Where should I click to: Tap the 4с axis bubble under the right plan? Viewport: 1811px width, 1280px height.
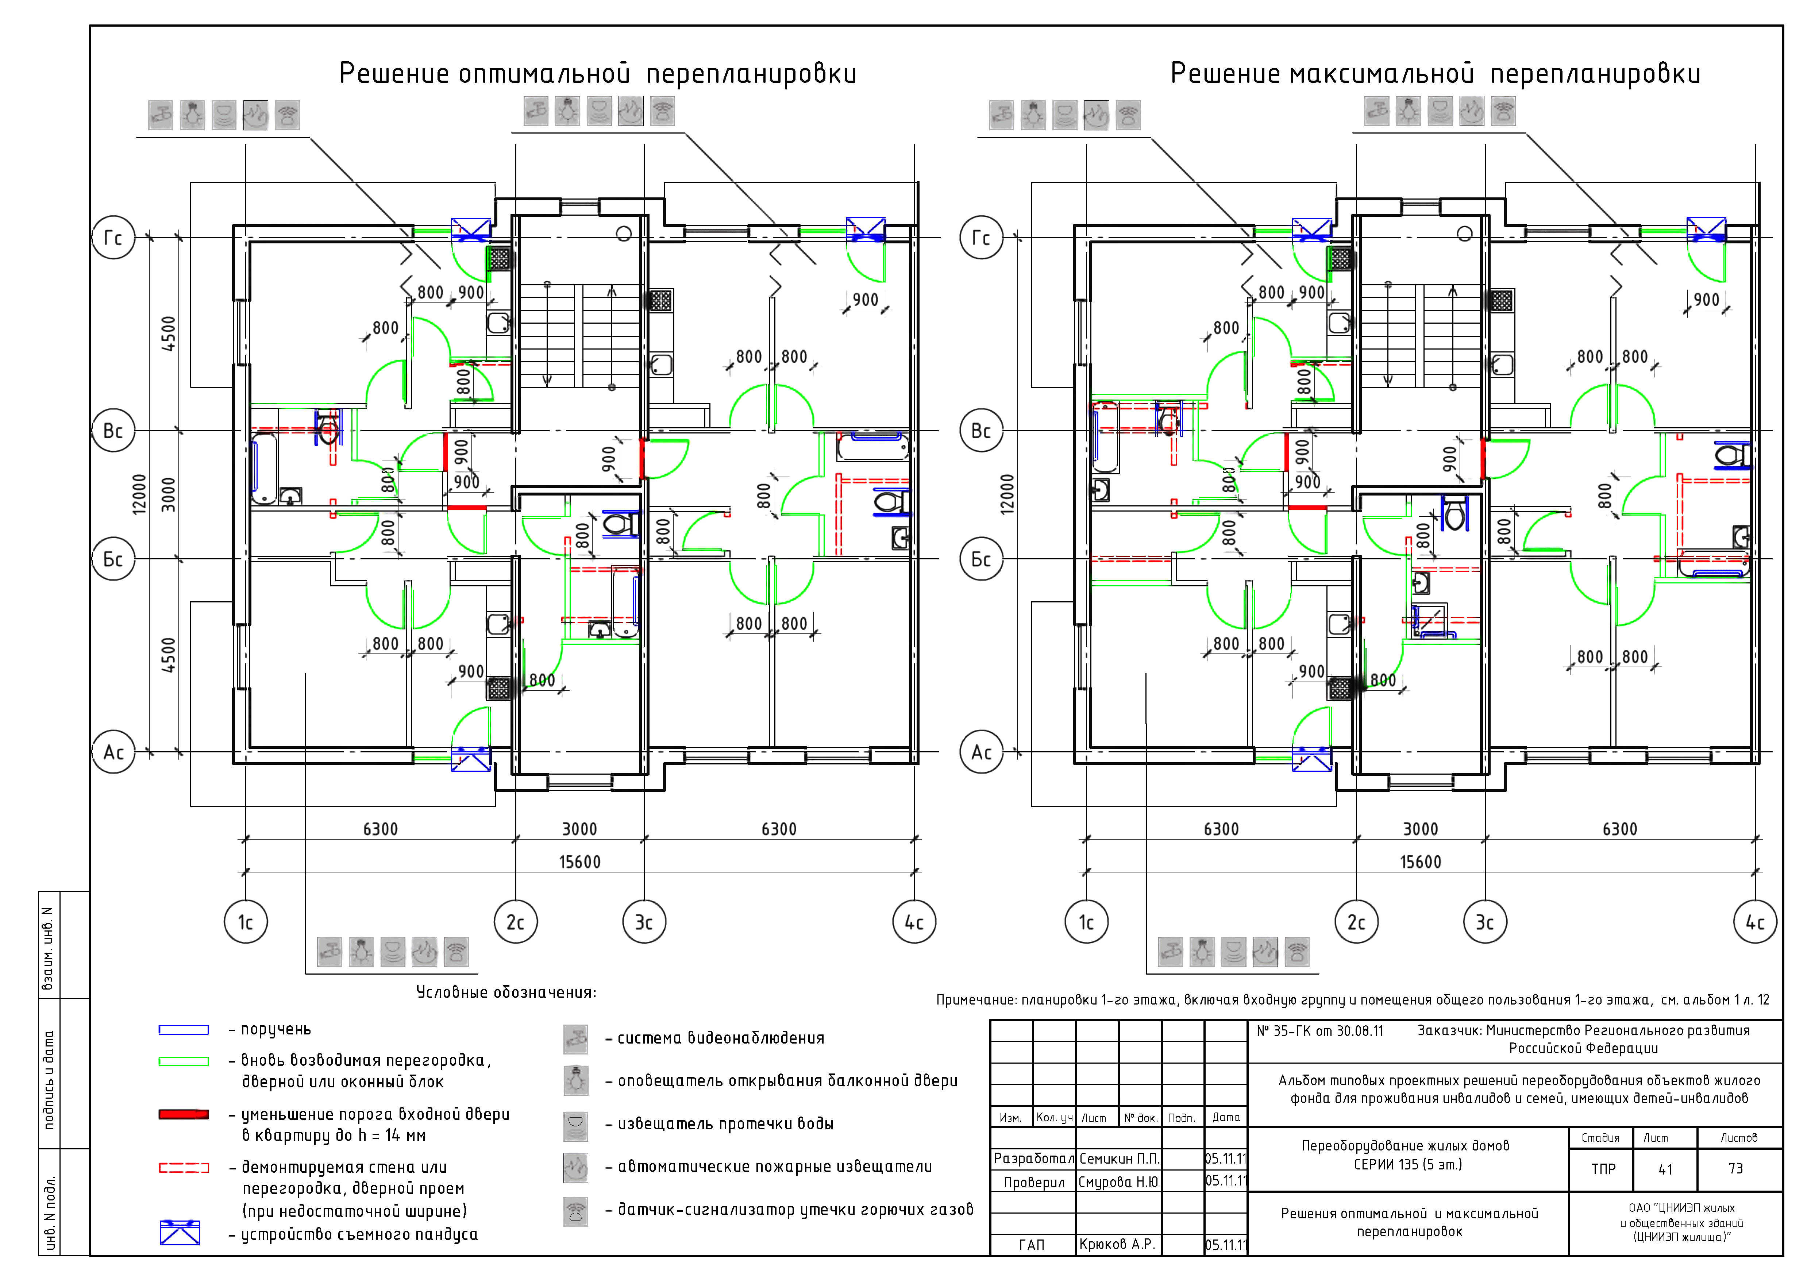point(1755,922)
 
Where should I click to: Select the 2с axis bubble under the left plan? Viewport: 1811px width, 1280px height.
point(515,922)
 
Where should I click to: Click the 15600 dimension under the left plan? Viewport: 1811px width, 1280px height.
point(580,862)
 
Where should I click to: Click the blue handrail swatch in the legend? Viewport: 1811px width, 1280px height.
point(184,1029)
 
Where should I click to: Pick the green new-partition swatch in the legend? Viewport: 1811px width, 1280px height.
point(184,1061)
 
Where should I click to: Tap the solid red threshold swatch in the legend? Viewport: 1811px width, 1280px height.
point(184,1114)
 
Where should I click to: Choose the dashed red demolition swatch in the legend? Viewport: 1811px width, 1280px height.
point(184,1167)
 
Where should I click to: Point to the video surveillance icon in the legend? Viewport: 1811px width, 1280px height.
point(576,1039)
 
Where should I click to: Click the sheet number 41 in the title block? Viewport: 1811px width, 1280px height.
point(1665,1169)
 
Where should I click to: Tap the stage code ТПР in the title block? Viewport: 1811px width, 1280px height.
point(1603,1169)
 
